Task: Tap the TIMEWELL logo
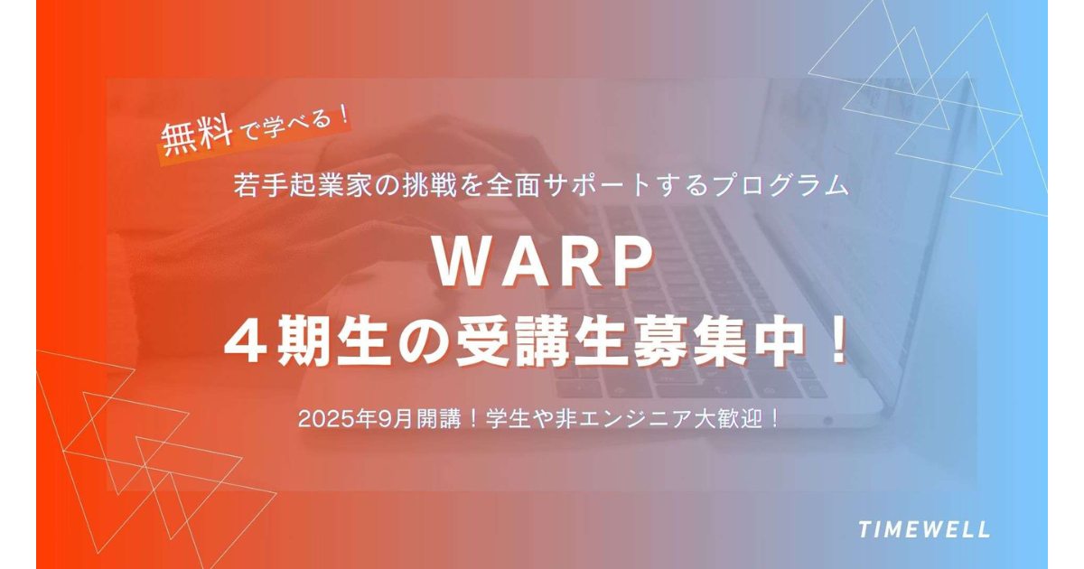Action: [x=924, y=529]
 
